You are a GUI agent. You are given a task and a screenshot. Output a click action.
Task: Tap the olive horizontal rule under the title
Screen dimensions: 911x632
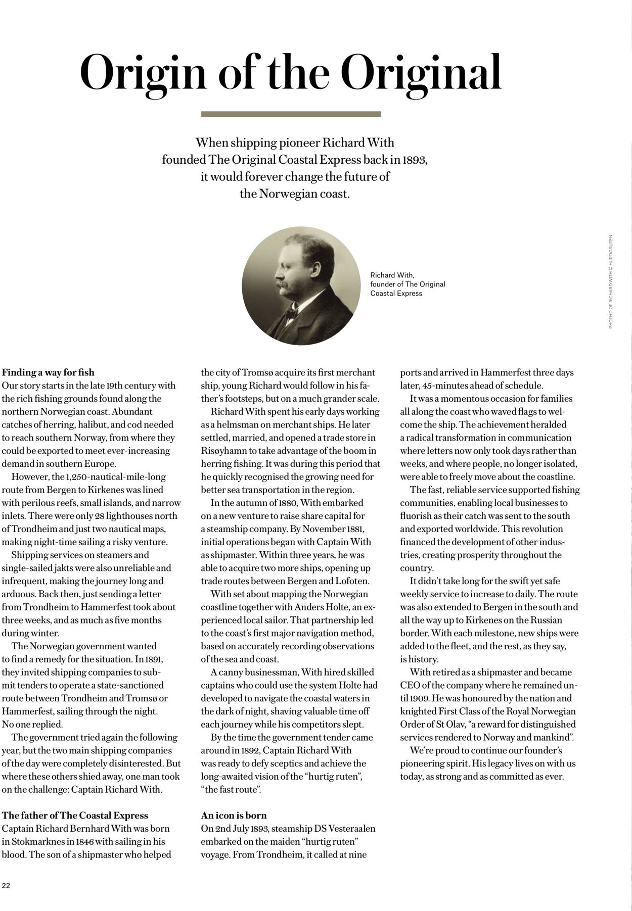click(x=291, y=114)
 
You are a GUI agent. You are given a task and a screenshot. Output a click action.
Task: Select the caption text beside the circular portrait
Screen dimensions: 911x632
click(x=408, y=284)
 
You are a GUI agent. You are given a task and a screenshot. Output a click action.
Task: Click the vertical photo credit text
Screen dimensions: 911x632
click(x=611, y=281)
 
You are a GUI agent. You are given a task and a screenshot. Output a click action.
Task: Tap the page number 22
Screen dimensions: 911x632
click(x=6, y=885)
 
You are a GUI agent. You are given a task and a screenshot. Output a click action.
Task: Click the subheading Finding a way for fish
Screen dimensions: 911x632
click(x=48, y=372)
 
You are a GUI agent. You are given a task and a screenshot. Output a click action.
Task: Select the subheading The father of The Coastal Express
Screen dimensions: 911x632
click(x=75, y=815)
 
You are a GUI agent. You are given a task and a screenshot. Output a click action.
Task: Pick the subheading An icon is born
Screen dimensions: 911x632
click(x=234, y=815)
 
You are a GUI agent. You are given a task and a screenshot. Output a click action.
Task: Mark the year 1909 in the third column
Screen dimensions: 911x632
click(x=416, y=698)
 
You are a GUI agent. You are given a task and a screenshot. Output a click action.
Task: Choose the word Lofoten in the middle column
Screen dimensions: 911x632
click(x=352, y=581)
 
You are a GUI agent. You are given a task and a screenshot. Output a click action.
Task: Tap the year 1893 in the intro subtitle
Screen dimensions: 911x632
click(x=415, y=160)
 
